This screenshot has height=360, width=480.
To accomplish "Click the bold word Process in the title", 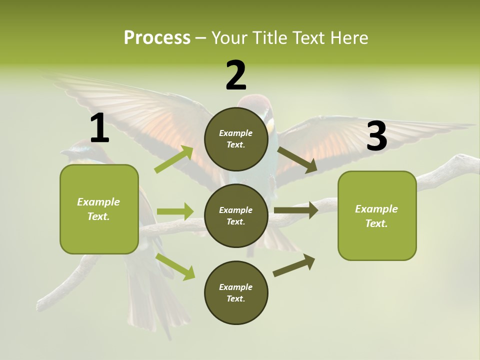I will point(157,37).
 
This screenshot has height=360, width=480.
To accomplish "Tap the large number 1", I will point(99,128).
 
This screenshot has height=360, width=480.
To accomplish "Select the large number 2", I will point(236,75).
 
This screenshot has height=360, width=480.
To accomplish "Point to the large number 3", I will point(376,136).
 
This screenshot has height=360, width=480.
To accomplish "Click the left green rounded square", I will point(99,209).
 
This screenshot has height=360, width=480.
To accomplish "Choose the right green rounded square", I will point(377,215).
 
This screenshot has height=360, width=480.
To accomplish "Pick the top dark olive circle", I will point(236,139).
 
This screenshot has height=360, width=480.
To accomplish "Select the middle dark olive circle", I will point(236,216).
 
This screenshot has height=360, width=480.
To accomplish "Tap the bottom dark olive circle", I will point(236,292).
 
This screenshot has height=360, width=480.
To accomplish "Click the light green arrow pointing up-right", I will point(174,159).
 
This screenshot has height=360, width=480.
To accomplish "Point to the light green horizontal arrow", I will point(174,211).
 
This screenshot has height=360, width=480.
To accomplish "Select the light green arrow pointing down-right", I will point(175,266).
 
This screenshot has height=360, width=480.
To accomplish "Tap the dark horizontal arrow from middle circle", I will point(295,210).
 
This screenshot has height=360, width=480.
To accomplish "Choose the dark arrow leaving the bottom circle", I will point(294,265).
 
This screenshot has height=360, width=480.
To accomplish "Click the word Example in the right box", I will point(376,209).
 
